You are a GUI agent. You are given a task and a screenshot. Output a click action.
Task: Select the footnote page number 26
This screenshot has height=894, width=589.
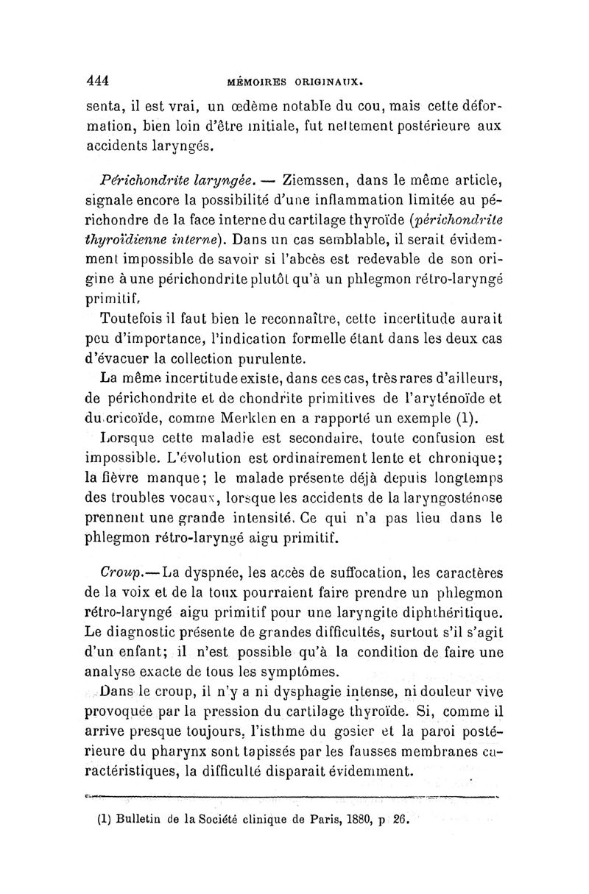coord(401,819)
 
